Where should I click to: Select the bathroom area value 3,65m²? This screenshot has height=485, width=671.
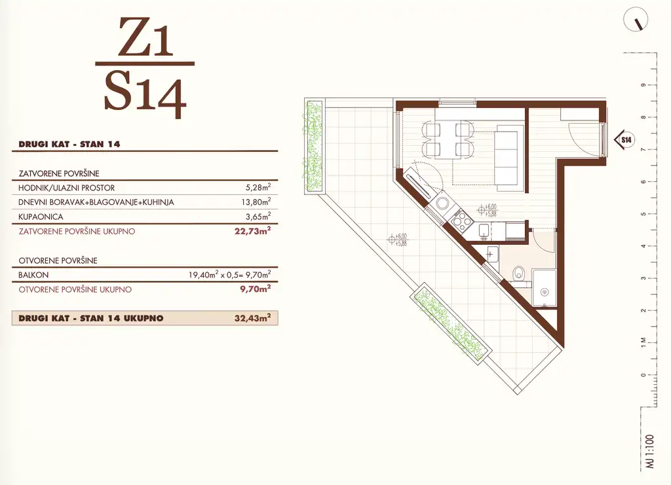pyautogui.click(x=258, y=216)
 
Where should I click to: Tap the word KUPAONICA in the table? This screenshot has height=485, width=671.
pyautogui.click(x=41, y=217)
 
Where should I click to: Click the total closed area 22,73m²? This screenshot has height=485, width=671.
pyautogui.click(x=252, y=231)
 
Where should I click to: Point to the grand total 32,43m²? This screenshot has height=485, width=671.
pyautogui.click(x=252, y=318)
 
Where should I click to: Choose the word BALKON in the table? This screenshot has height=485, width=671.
pyautogui.click(x=33, y=275)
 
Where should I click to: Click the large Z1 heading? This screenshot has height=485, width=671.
pyautogui.click(x=145, y=37)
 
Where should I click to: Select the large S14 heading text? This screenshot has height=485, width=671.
pyautogui.click(x=145, y=95)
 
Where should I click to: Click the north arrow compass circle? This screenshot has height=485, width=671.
pyautogui.click(x=636, y=20)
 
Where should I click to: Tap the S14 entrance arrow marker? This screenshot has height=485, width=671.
pyautogui.click(x=624, y=139)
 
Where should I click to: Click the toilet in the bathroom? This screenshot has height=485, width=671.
pyautogui.click(x=519, y=272)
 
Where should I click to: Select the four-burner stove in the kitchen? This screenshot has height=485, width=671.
pyautogui.click(x=461, y=221)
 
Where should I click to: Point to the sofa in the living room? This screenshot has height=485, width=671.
pyautogui.click(x=509, y=158)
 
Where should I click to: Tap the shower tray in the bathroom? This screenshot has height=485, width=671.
pyautogui.click(x=545, y=288)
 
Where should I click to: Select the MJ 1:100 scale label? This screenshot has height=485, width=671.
pyautogui.click(x=650, y=452)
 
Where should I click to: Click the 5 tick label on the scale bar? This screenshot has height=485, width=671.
pyautogui.click(x=643, y=213)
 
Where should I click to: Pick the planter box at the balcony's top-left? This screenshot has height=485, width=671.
pyautogui.click(x=314, y=146)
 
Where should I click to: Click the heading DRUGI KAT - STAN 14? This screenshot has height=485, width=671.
pyautogui.click(x=69, y=144)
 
